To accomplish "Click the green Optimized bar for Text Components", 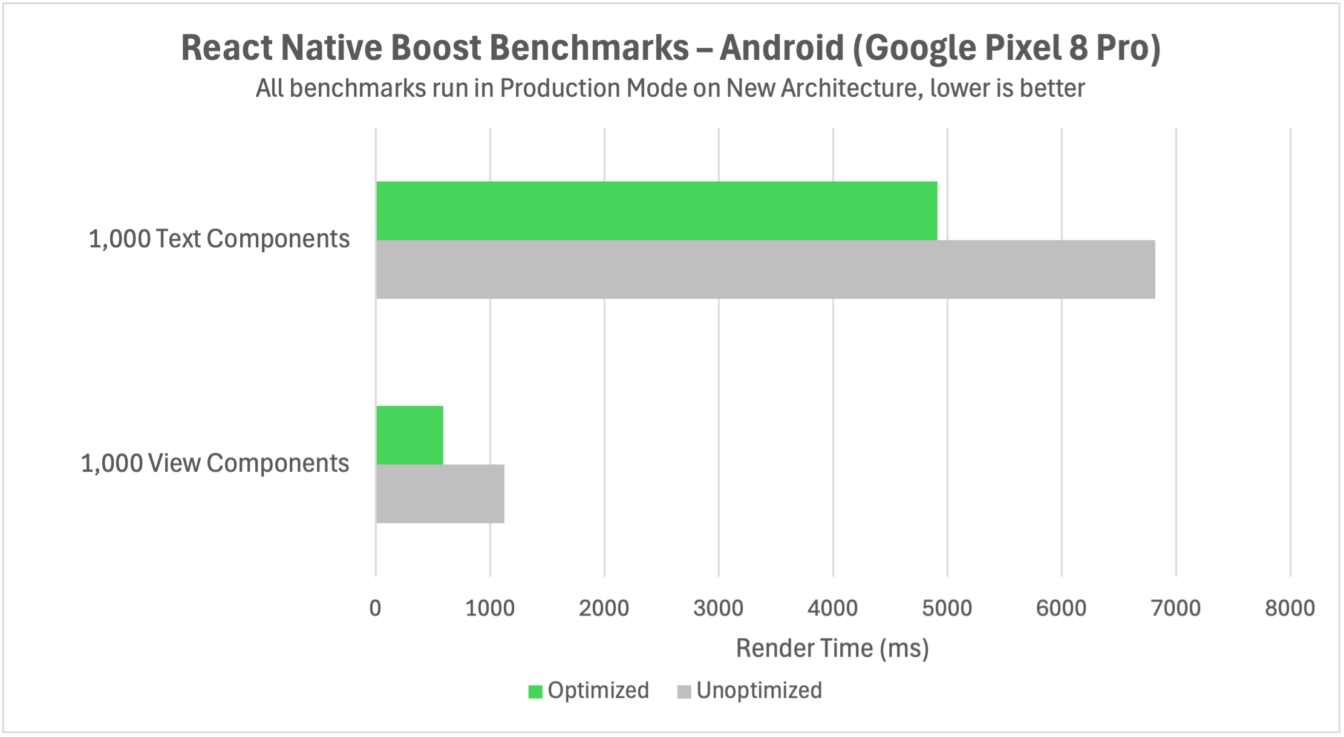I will click(x=656, y=210).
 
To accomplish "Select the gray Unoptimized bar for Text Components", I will click(x=765, y=269).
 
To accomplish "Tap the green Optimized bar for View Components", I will click(x=409, y=435).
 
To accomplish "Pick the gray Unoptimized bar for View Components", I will click(x=440, y=493).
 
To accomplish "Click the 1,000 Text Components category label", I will click(x=219, y=239).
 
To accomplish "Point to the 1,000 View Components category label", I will click(x=215, y=463).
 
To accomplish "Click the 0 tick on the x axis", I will click(x=375, y=608).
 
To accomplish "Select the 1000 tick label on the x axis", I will click(x=490, y=608).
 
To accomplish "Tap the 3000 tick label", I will click(x=719, y=608).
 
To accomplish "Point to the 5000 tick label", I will click(x=947, y=608).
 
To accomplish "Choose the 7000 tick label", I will click(x=1176, y=608).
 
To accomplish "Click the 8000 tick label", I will click(x=1290, y=608).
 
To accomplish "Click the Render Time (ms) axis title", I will click(x=832, y=648).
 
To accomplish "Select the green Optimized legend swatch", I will click(x=535, y=691).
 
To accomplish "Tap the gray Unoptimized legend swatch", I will click(x=683, y=691).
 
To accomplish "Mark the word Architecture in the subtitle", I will click(x=851, y=88).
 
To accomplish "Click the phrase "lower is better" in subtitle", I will click(x=1008, y=88).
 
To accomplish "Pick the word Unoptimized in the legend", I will click(x=759, y=690).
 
